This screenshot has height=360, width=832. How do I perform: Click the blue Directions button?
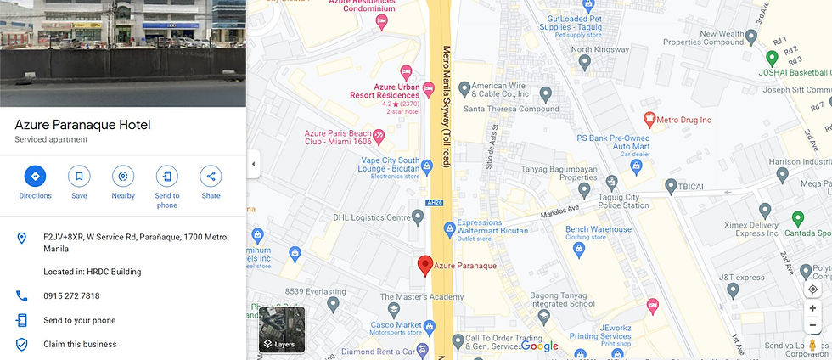35,177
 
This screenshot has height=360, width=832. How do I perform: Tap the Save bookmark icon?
79,177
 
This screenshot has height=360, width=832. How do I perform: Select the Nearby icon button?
123,177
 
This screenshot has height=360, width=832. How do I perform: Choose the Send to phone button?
167,177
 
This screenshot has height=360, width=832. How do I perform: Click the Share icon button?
211,177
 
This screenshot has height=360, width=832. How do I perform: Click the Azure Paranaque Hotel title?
82,125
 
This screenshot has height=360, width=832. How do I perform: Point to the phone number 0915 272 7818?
71,296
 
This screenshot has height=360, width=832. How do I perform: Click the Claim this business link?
80,344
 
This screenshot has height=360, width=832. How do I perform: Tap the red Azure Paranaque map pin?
425,264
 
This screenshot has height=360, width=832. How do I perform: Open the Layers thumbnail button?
282,329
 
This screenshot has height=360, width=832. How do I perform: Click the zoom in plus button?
812,308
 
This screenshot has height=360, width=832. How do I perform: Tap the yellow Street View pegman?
812,346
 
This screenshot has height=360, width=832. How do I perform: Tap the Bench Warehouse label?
599,229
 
